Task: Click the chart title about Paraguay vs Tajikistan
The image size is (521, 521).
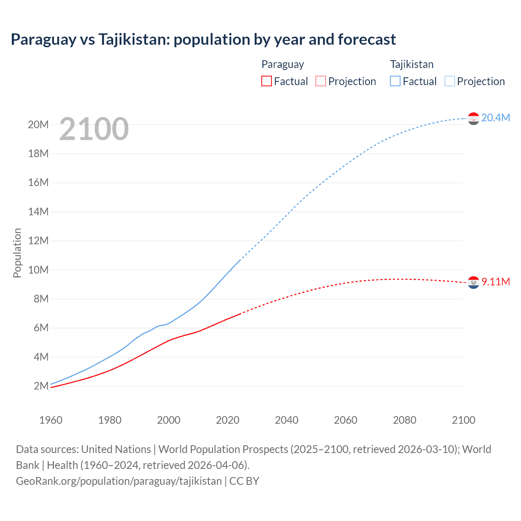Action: [x=203, y=39]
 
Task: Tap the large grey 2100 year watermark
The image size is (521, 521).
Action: [x=94, y=129]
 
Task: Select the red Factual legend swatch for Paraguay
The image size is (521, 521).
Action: [x=267, y=81]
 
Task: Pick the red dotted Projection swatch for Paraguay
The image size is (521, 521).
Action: [x=321, y=81]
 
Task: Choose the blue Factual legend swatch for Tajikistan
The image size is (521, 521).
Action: [x=395, y=81]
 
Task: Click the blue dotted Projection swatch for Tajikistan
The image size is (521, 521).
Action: [x=450, y=81]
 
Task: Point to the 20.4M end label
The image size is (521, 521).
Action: [x=495, y=118]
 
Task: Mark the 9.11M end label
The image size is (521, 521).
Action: [x=495, y=282]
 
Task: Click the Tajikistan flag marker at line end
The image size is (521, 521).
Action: [x=473, y=118]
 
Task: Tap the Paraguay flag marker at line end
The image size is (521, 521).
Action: [x=473, y=282]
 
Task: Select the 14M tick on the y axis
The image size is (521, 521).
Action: [x=38, y=212]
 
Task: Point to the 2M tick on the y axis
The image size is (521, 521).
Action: [x=41, y=386]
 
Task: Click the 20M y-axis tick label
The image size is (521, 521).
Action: [x=38, y=125]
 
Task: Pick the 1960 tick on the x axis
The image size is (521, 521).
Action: [x=51, y=420]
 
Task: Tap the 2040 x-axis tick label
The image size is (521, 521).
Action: [x=287, y=420]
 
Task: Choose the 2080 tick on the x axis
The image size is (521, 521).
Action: [x=405, y=420]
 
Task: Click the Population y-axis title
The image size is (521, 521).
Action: [x=17, y=253]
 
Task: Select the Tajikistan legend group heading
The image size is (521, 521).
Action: [x=412, y=64]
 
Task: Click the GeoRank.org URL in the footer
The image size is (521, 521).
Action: [x=119, y=481]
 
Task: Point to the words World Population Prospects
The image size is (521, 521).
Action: [x=223, y=449]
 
